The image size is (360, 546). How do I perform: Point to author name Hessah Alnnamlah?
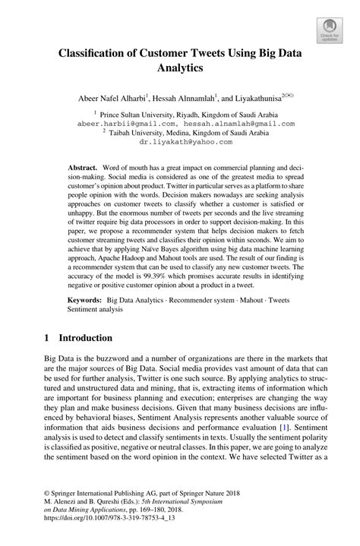tap(194, 99)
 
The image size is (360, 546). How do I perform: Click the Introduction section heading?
tap(81, 358)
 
